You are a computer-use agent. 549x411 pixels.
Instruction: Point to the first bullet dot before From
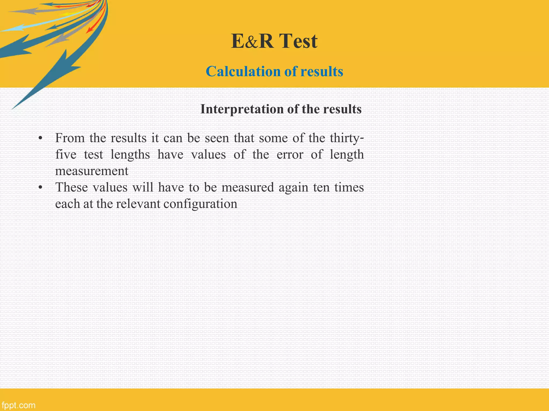40,139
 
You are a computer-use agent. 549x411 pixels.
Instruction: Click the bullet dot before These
40,188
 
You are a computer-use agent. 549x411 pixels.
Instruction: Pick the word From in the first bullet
70,138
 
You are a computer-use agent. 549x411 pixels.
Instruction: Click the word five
66,155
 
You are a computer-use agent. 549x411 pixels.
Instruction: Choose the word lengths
130,155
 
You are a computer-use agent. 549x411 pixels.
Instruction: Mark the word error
290,155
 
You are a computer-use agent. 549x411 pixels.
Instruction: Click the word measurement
92,171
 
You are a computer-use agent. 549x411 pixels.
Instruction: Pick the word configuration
200,204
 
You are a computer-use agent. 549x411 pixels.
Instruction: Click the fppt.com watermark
18,405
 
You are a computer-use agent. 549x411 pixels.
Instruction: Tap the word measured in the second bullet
248,187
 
